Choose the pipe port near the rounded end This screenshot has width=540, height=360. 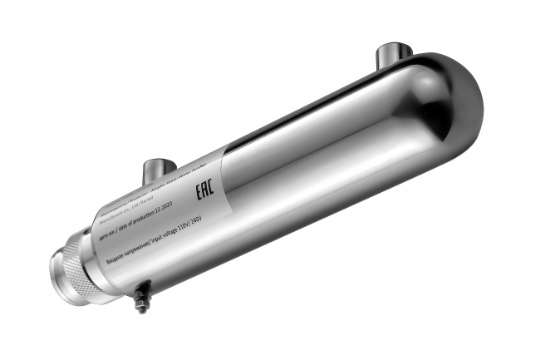click(x=394, y=56)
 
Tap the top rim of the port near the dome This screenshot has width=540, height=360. click(x=394, y=47)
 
